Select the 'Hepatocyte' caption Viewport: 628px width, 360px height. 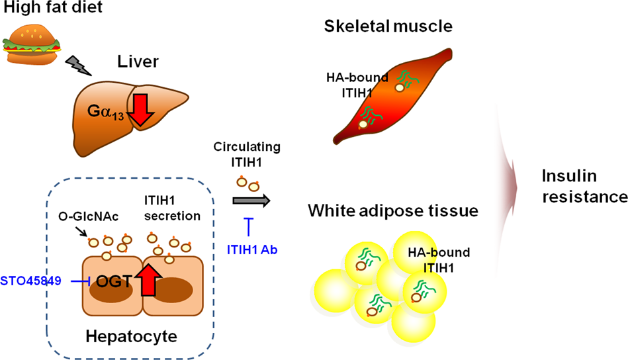131,337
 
